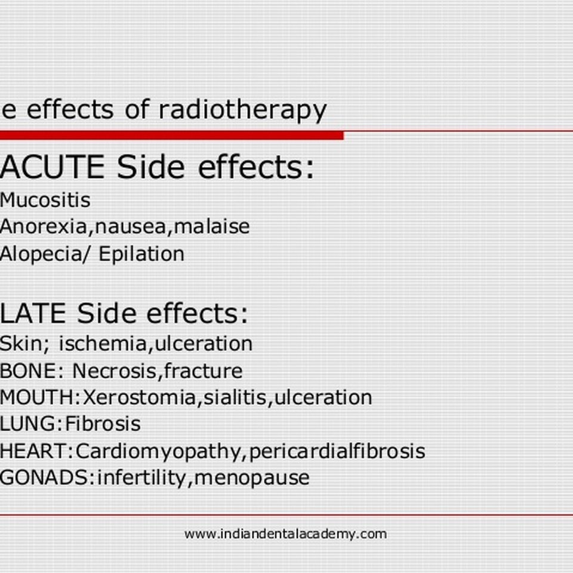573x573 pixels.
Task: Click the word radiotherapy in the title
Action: click(x=243, y=110)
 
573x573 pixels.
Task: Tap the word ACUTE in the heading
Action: click(x=53, y=167)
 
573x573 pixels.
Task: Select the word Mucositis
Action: click(x=45, y=200)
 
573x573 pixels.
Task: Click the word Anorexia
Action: click(x=44, y=227)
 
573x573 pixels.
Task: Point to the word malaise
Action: click(x=211, y=226)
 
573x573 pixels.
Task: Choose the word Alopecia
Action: click(x=41, y=254)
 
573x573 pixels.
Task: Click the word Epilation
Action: click(x=141, y=254)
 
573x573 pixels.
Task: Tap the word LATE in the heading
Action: click(x=33, y=313)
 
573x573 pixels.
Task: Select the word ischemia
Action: click(x=103, y=344)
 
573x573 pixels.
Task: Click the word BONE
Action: click(x=28, y=371)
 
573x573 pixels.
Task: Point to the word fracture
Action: click(x=203, y=371)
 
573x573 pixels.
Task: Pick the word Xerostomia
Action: click(x=139, y=398)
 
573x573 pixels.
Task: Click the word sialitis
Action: click(x=235, y=398)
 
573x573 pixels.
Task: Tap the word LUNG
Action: click(x=28, y=424)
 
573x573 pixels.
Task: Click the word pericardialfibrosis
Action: click(x=337, y=451)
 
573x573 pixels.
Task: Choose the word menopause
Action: click(x=252, y=478)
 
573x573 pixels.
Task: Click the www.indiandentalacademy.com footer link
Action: click(x=285, y=534)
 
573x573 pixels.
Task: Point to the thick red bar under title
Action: click(x=172, y=135)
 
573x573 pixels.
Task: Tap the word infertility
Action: click(x=142, y=478)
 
